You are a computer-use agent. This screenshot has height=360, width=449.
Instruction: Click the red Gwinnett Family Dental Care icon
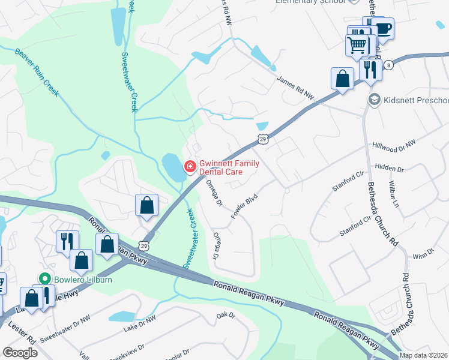[190, 166]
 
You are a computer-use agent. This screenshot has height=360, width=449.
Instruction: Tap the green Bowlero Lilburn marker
[44, 279]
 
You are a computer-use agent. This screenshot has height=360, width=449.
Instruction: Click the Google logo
[20, 353]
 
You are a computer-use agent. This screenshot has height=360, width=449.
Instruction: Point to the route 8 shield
[389, 65]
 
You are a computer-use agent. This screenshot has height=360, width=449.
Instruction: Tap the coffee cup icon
[382, 28]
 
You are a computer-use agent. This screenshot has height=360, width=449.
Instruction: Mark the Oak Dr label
[226, 314]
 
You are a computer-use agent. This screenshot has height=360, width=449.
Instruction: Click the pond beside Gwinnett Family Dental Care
[173, 167]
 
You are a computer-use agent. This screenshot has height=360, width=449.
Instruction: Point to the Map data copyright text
[423, 355]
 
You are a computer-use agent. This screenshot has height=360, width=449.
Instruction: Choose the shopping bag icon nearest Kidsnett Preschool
[342, 79]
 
